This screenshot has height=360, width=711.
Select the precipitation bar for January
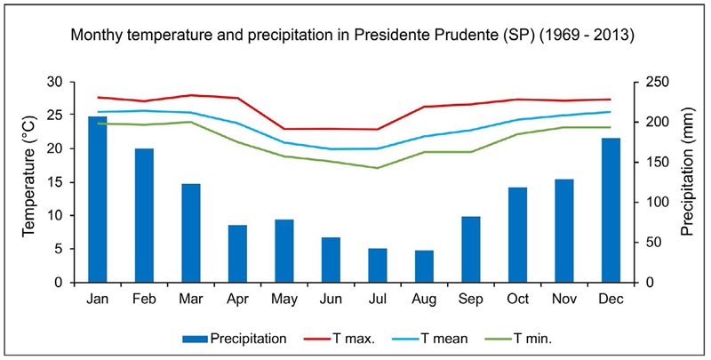coord(98,199)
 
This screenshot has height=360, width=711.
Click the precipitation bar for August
coord(424,266)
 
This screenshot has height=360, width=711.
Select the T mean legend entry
coord(426,338)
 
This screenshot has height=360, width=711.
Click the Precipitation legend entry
coord(236,338)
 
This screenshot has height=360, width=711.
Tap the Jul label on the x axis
coord(377,300)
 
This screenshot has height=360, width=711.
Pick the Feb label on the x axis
coord(144,300)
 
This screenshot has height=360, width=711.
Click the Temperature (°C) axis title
coord(29,181)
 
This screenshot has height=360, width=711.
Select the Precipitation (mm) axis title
coord(687,181)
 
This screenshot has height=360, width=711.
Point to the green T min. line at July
coord(377,168)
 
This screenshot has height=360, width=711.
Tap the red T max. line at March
coord(191,95)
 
